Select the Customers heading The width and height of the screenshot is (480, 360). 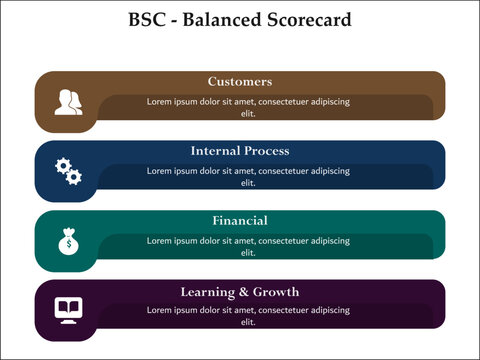point(240,81)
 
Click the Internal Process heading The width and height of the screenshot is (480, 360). point(240,151)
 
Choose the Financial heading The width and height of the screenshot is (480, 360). point(240,220)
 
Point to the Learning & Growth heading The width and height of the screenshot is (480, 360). point(240,292)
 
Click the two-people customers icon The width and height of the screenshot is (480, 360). point(68,102)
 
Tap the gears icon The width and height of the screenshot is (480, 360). point(68,171)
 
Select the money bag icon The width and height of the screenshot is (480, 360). point(68,241)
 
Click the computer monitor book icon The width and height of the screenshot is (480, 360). point(68,309)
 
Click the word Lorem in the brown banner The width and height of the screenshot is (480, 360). point(162,101)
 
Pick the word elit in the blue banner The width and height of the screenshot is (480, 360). point(249,183)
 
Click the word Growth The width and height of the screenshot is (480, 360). point(276,292)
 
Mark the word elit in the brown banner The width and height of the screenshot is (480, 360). point(249,113)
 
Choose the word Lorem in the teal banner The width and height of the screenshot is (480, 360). point(162,240)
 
